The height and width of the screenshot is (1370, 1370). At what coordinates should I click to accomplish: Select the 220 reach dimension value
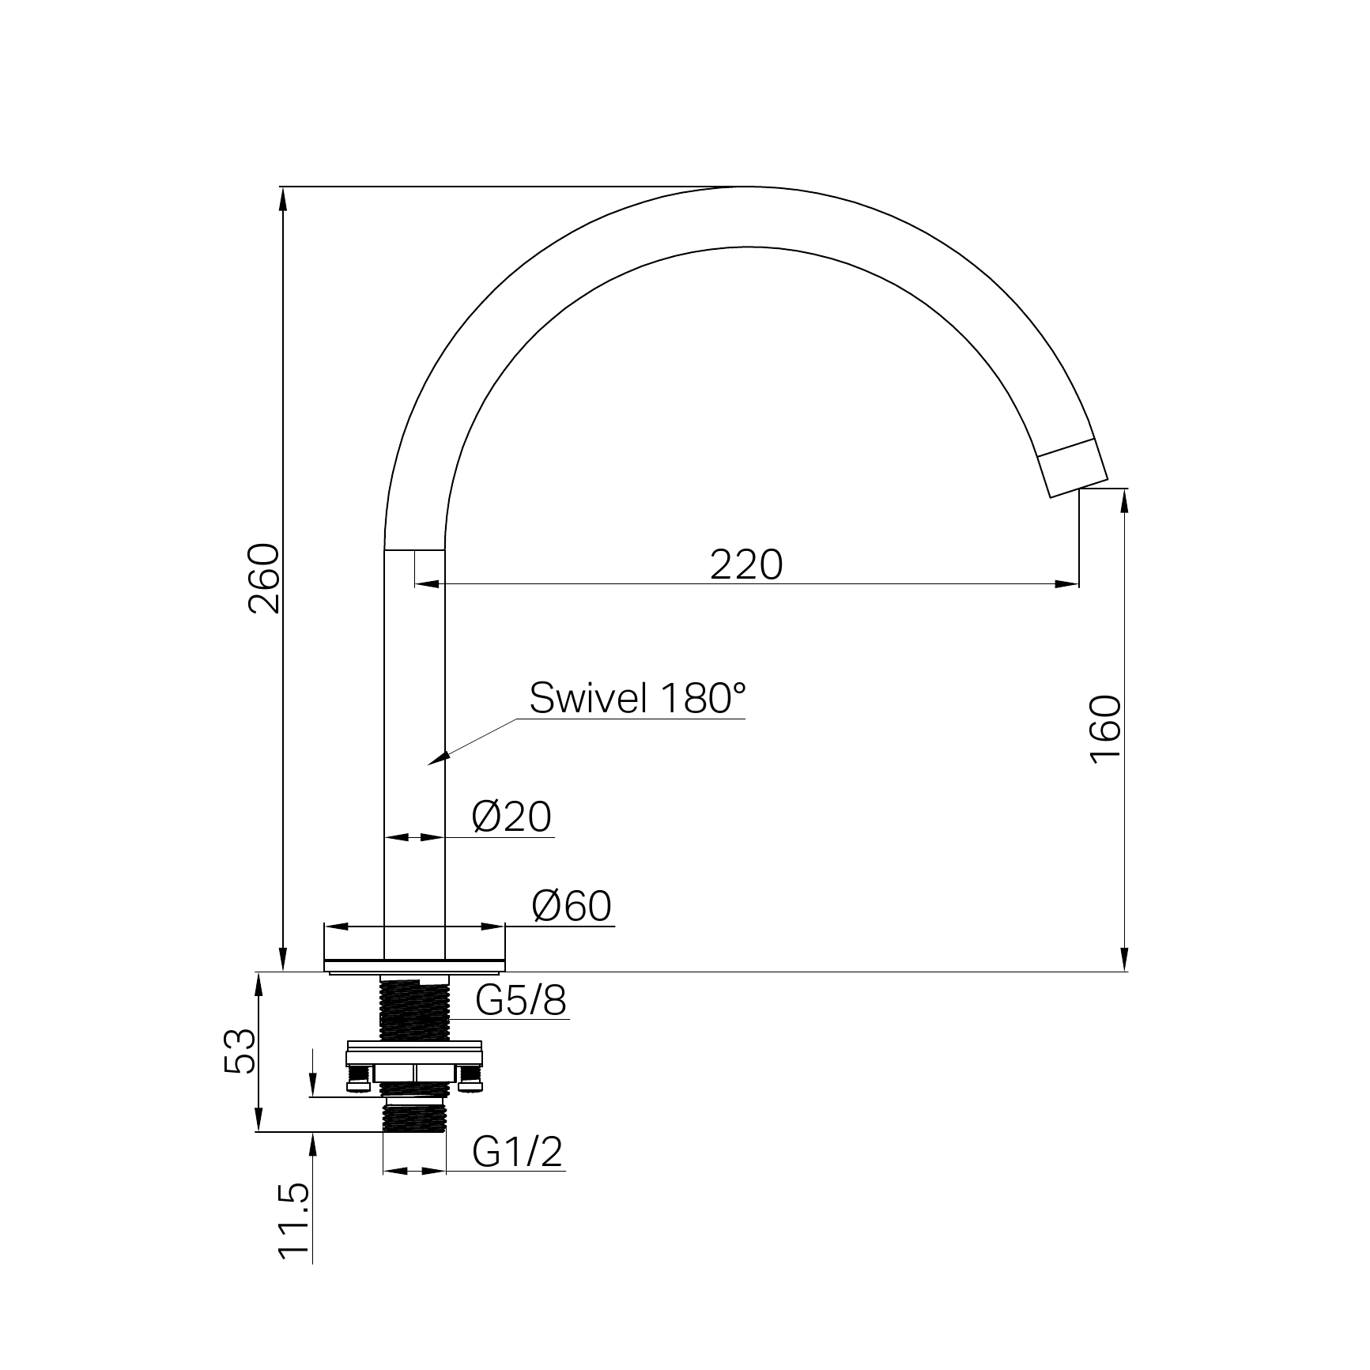pos(746,564)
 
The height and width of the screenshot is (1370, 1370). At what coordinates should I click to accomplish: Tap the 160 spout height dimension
pos(1105,729)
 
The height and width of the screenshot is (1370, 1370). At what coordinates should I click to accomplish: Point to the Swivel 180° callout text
pos(637,698)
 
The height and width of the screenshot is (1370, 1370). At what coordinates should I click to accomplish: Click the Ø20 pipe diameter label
pos(511,817)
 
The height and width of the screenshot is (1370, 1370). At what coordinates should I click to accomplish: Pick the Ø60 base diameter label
pos(572,906)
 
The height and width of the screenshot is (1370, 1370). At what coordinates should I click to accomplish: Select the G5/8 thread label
pos(521,1001)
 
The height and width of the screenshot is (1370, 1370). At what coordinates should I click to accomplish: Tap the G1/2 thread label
pos(518,1152)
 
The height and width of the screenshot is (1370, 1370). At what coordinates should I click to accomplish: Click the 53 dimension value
pos(240,1051)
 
